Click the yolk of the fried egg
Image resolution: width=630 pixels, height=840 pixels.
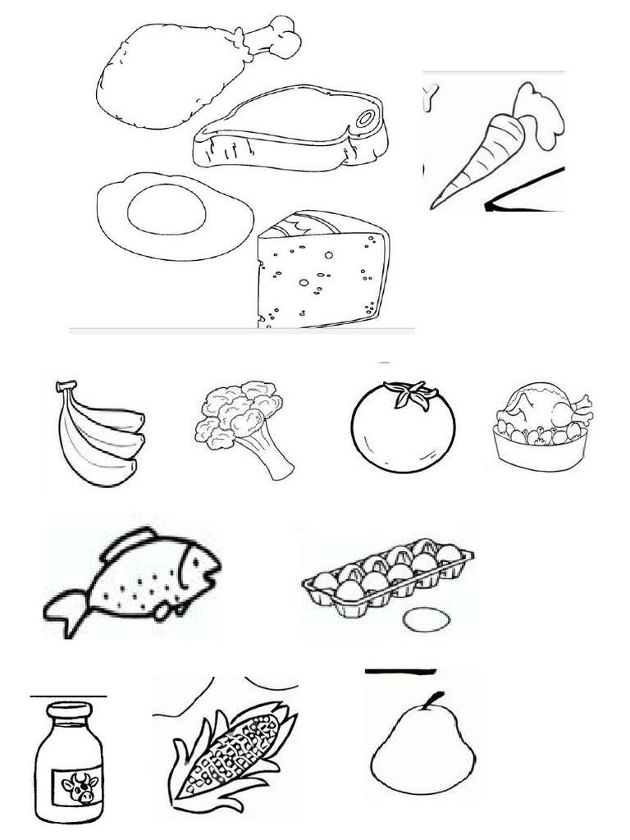tap(167, 209)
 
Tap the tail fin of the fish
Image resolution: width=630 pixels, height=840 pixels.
tap(66, 611)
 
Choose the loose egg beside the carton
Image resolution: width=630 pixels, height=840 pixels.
tap(427, 619)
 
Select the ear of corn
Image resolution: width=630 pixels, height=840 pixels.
tap(230, 755)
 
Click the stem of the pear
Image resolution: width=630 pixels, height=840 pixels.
tap(436, 701)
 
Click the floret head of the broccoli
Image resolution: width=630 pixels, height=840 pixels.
tap(238, 410)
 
